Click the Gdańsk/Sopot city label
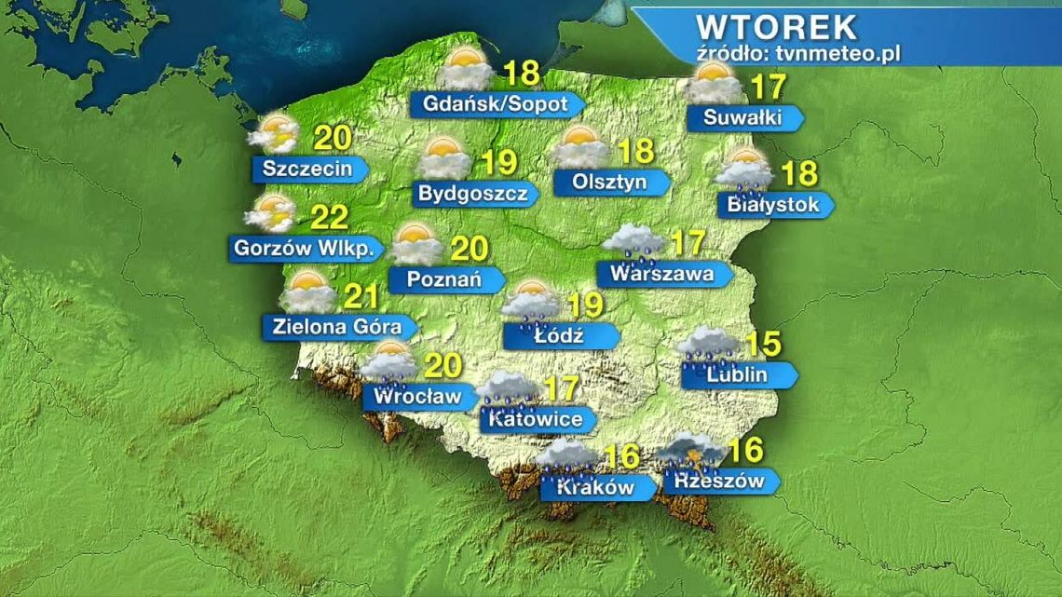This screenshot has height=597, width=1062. (496, 103)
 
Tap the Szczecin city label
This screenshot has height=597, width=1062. (307, 169)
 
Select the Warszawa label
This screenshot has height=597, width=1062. (661, 274)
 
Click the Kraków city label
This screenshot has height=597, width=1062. (596, 486)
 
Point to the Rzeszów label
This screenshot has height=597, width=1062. (715, 481)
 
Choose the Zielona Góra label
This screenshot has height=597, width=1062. (338, 327)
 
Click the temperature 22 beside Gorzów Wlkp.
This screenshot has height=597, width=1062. (329, 218)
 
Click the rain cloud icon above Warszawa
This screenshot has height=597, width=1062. (633, 242)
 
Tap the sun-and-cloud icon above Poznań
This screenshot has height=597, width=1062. (415, 244)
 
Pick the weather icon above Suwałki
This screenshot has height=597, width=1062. (715, 85)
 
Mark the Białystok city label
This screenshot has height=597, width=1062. (769, 204)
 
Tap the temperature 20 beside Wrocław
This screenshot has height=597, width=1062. (443, 367)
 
